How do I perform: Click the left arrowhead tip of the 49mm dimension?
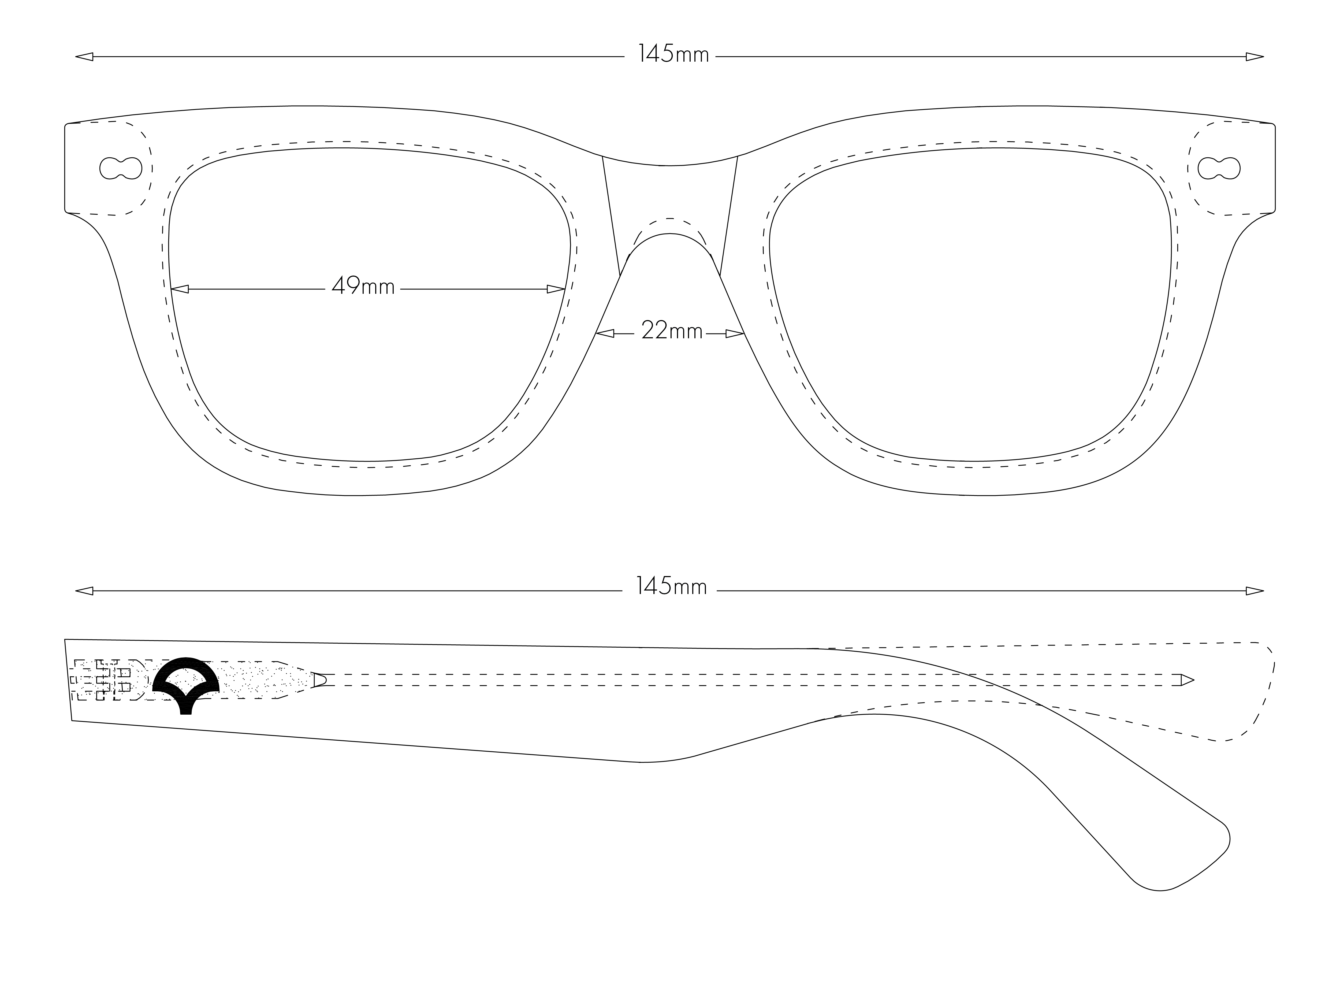pos(172,289)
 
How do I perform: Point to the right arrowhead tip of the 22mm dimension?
pos(744,333)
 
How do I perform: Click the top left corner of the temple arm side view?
pos(65,640)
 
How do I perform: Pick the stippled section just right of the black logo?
pos(264,680)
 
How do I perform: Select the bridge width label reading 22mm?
pos(672,331)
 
